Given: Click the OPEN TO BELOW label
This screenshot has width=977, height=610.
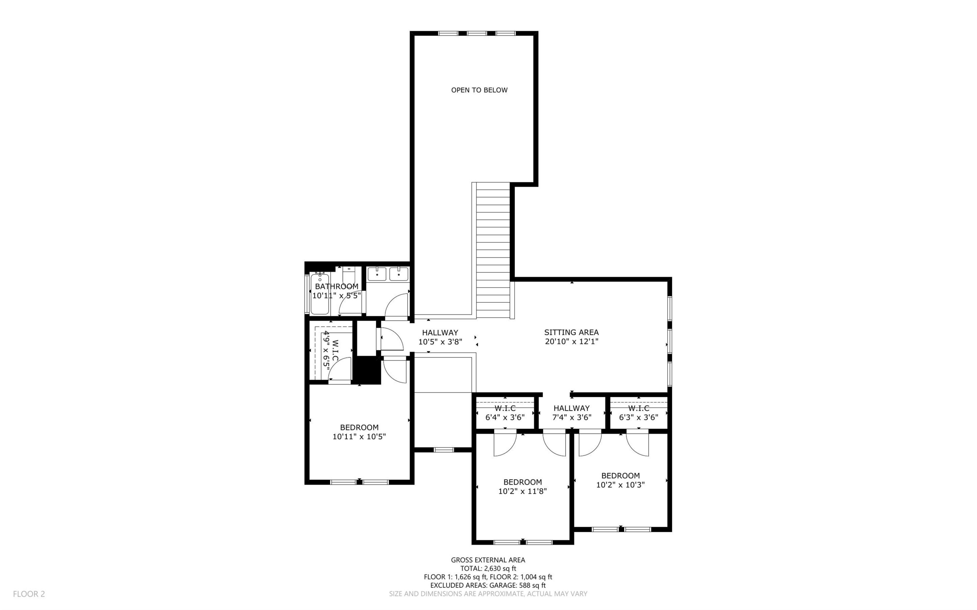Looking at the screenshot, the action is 479,90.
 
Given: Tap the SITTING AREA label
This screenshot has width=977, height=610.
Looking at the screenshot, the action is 571,332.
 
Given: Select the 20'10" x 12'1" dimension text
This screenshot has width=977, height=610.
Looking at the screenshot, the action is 571,342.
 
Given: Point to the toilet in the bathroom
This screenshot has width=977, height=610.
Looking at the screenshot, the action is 348,278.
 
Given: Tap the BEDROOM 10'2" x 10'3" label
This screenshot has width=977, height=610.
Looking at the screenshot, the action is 620,480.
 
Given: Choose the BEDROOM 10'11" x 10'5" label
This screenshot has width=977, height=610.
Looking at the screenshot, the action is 359,432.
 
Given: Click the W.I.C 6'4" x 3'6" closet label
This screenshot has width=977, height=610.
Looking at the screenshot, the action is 505,413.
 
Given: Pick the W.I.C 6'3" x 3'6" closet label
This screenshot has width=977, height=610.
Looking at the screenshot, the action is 638,413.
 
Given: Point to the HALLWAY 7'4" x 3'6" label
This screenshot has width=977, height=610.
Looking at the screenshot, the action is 572,413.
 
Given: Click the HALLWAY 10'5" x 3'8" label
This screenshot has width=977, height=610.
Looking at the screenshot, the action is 440,337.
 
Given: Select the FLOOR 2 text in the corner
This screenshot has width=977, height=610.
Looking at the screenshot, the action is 29,594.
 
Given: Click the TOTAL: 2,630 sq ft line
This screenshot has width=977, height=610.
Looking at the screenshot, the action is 488,568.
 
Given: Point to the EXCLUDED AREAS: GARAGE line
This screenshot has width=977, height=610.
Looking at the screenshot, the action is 488,585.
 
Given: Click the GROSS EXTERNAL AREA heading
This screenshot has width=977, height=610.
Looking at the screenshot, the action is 488,560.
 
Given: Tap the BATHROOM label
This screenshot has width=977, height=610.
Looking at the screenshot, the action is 336,286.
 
